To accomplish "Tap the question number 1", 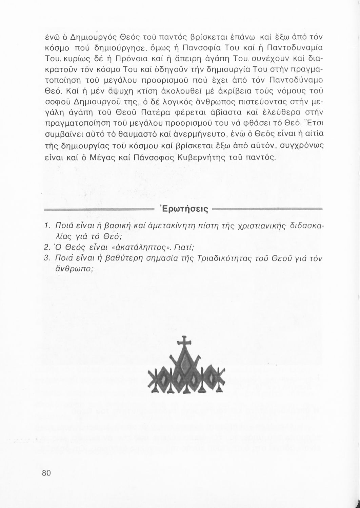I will [x=47, y=226].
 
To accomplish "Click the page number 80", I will [x=46, y=473].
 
